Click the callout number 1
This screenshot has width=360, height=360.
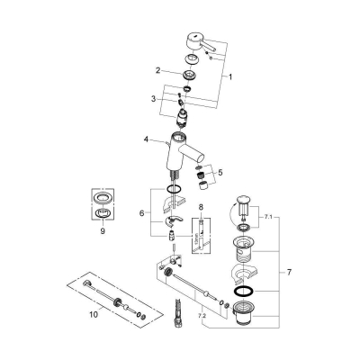coord(231,77)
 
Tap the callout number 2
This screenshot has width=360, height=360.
coord(157,69)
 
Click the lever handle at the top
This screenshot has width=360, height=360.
coord(200,45)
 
